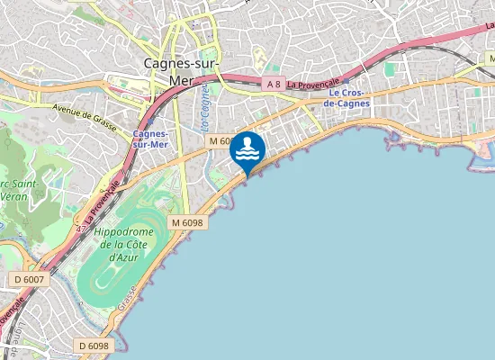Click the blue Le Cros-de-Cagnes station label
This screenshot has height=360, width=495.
[347, 98]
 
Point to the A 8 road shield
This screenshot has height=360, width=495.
[274, 84]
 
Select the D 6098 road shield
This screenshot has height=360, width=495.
[93, 346]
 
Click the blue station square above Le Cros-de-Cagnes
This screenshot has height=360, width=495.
[346, 80]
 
